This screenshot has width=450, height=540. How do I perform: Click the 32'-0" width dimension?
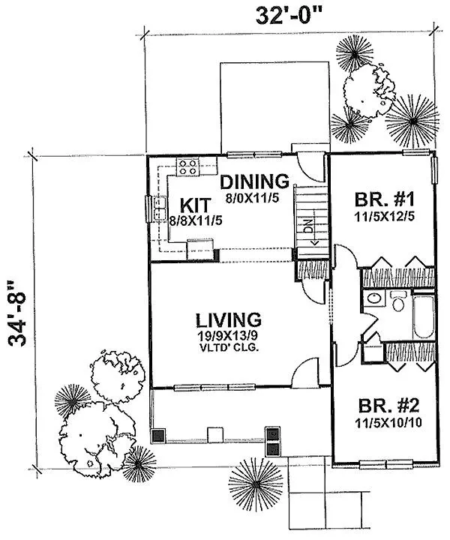pyautogui.click(x=289, y=16)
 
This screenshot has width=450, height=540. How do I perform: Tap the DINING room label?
pyautogui.click(x=254, y=181)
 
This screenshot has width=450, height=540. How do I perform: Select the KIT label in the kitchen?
pyautogui.click(x=195, y=205)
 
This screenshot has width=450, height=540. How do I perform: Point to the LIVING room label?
pyautogui.click(x=228, y=320)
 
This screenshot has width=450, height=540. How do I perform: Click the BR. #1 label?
pyautogui.click(x=385, y=199)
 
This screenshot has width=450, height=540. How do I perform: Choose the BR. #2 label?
pyautogui.click(x=388, y=406)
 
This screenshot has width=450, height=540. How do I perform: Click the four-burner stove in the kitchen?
pyautogui.click(x=188, y=167)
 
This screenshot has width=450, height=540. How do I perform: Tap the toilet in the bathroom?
pyautogui.click(x=398, y=301)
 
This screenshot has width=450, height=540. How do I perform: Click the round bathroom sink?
pyautogui.click(x=374, y=298)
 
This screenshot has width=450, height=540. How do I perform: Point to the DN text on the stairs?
pyautogui.click(x=309, y=226)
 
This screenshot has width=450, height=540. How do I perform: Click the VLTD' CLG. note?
pyautogui.click(x=229, y=348)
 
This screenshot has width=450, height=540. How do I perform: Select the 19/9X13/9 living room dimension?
pyautogui.click(x=228, y=336)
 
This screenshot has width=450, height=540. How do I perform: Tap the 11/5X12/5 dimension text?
pyautogui.click(x=385, y=217)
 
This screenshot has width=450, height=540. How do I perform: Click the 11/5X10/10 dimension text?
pyautogui.click(x=388, y=423)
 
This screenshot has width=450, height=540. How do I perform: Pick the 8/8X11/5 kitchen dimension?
pyautogui.click(x=196, y=220)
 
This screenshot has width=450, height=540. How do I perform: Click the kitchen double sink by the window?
pyautogui.click(x=160, y=208)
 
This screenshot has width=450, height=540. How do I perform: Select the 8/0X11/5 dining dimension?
pyautogui.click(x=252, y=198)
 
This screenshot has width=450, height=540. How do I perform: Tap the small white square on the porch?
pyautogui.click(x=215, y=435)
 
